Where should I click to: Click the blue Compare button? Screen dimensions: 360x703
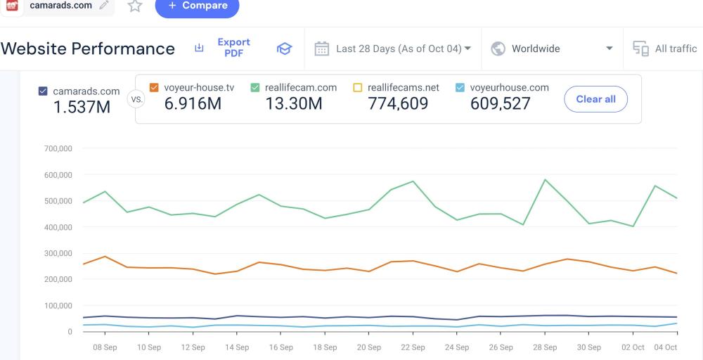(197, 6)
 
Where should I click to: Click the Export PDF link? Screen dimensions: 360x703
(233, 48)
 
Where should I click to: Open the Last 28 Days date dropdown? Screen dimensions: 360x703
(393, 49)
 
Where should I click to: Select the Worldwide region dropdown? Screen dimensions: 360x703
(552, 49)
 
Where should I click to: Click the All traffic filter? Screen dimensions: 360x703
(665, 49)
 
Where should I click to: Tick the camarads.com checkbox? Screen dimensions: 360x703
(43, 91)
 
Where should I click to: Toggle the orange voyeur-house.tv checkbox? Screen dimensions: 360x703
(154, 88)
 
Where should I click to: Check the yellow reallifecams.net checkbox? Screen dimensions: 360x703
(357, 88)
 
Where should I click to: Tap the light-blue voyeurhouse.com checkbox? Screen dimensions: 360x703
(460, 88)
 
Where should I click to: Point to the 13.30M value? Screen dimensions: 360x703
(294, 104)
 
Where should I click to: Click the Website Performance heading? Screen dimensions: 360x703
(88, 49)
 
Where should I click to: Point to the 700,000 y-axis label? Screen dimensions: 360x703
(58, 148)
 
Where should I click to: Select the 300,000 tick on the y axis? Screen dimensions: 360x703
(58, 253)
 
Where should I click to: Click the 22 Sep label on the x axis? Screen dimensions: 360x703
(413, 347)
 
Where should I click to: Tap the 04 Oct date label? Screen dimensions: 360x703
(666, 347)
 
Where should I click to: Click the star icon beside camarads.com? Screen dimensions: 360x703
(135, 6)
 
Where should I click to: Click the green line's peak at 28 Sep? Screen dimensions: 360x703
(546, 179)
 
